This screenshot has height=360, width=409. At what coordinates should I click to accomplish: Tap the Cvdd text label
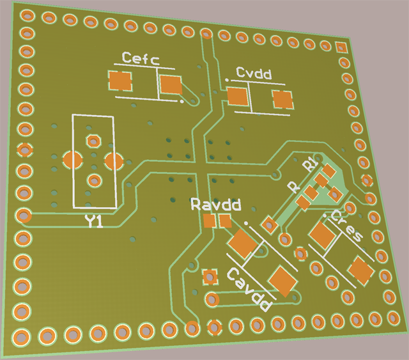tap(254, 74)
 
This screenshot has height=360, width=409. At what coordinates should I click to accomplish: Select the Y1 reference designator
tap(94, 222)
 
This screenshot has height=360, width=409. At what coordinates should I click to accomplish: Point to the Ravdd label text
tap(216, 205)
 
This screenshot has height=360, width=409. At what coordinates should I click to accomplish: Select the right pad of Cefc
tap(171, 84)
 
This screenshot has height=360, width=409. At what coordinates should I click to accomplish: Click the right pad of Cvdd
tap(282, 99)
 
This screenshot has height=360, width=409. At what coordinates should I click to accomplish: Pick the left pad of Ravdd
tap(209, 221)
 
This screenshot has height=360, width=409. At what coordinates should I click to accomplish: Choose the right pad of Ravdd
tap(224, 222)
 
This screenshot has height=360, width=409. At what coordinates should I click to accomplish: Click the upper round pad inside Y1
tap(93, 141)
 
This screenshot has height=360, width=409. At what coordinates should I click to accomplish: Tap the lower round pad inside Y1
tap(94, 180)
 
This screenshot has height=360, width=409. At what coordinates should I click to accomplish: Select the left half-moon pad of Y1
tap(72, 159)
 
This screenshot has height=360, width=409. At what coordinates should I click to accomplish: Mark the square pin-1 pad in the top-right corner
tap(341, 47)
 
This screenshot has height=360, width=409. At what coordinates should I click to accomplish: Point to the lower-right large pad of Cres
tap(360, 271)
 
